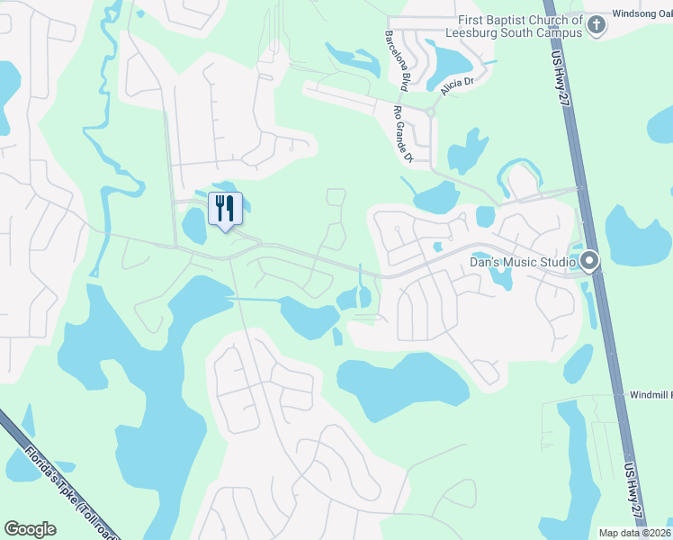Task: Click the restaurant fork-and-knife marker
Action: click(225, 209)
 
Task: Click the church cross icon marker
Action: click(596, 26)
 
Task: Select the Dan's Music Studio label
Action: click(523, 262)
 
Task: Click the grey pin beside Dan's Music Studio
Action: click(590, 262)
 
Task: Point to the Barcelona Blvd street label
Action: click(397, 60)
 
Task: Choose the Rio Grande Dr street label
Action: click(402, 134)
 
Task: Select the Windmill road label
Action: click(651, 395)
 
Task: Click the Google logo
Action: click(31, 529)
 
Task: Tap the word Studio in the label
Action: click(555, 262)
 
